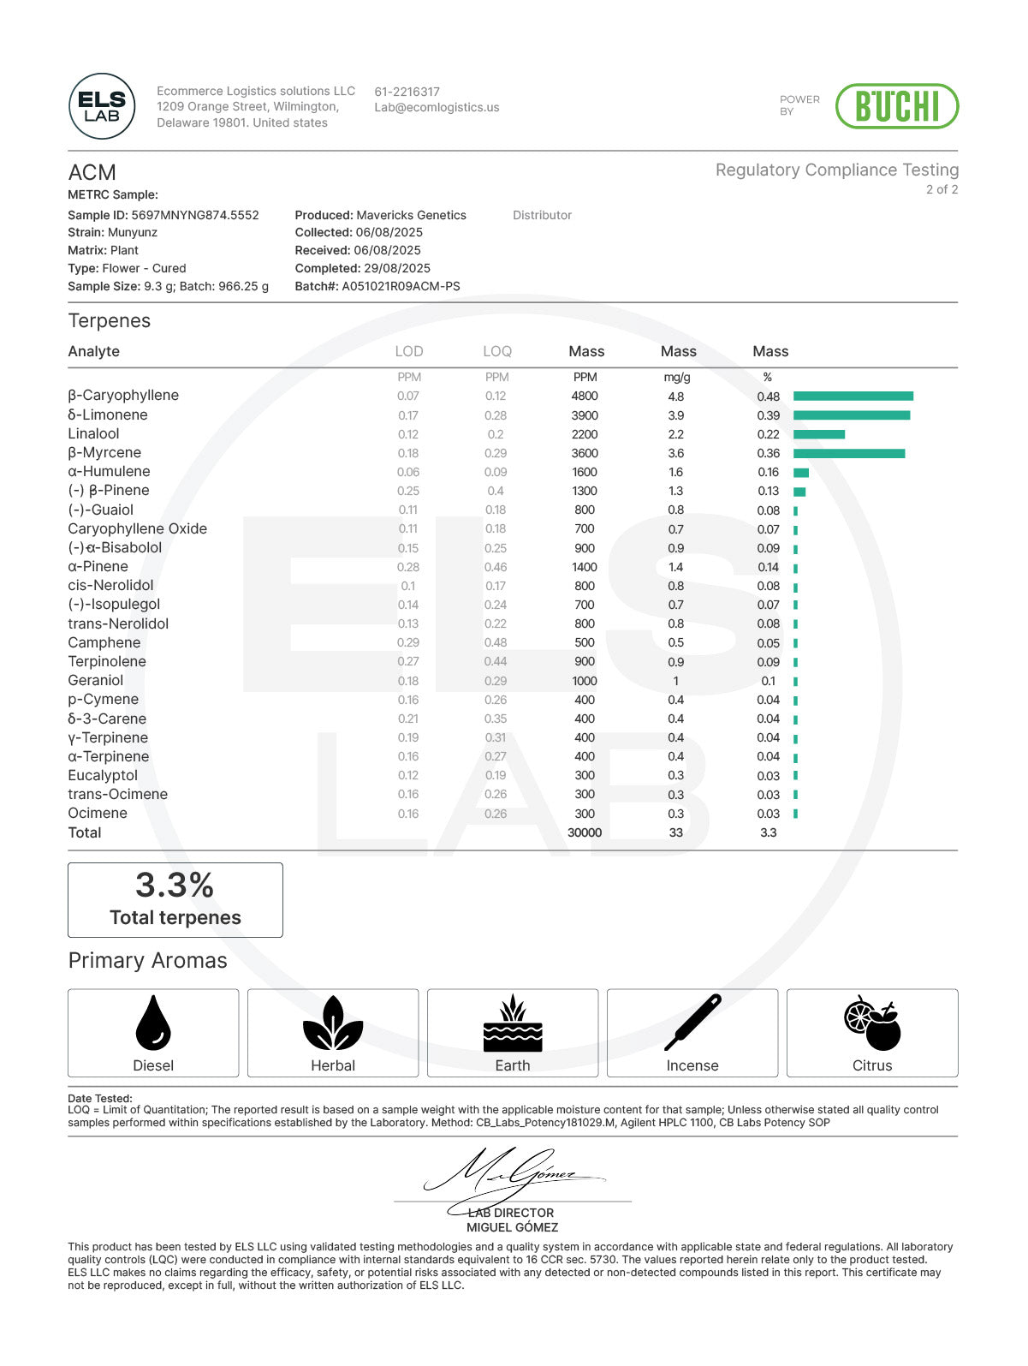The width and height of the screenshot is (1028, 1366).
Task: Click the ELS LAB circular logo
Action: point(102,106)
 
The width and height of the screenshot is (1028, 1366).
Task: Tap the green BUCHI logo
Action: point(896,106)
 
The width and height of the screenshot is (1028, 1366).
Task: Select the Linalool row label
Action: point(93,433)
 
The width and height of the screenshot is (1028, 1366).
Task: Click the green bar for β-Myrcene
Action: point(848,453)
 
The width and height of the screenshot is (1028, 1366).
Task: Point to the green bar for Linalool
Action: point(818,434)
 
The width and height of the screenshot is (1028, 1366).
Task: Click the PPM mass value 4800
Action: point(585,396)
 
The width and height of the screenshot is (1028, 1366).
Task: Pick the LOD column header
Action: point(409,351)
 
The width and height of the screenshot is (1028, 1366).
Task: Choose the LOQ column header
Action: point(497,351)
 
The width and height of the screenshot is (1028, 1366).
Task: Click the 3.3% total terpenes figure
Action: point(175,886)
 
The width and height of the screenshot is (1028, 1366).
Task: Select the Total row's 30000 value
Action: point(585,832)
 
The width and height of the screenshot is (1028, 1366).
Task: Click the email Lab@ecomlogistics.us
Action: point(437,108)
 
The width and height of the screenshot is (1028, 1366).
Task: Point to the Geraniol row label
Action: point(96,680)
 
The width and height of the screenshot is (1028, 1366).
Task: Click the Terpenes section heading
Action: point(110,321)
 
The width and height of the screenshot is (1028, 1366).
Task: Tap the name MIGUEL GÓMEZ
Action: point(512,1227)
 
